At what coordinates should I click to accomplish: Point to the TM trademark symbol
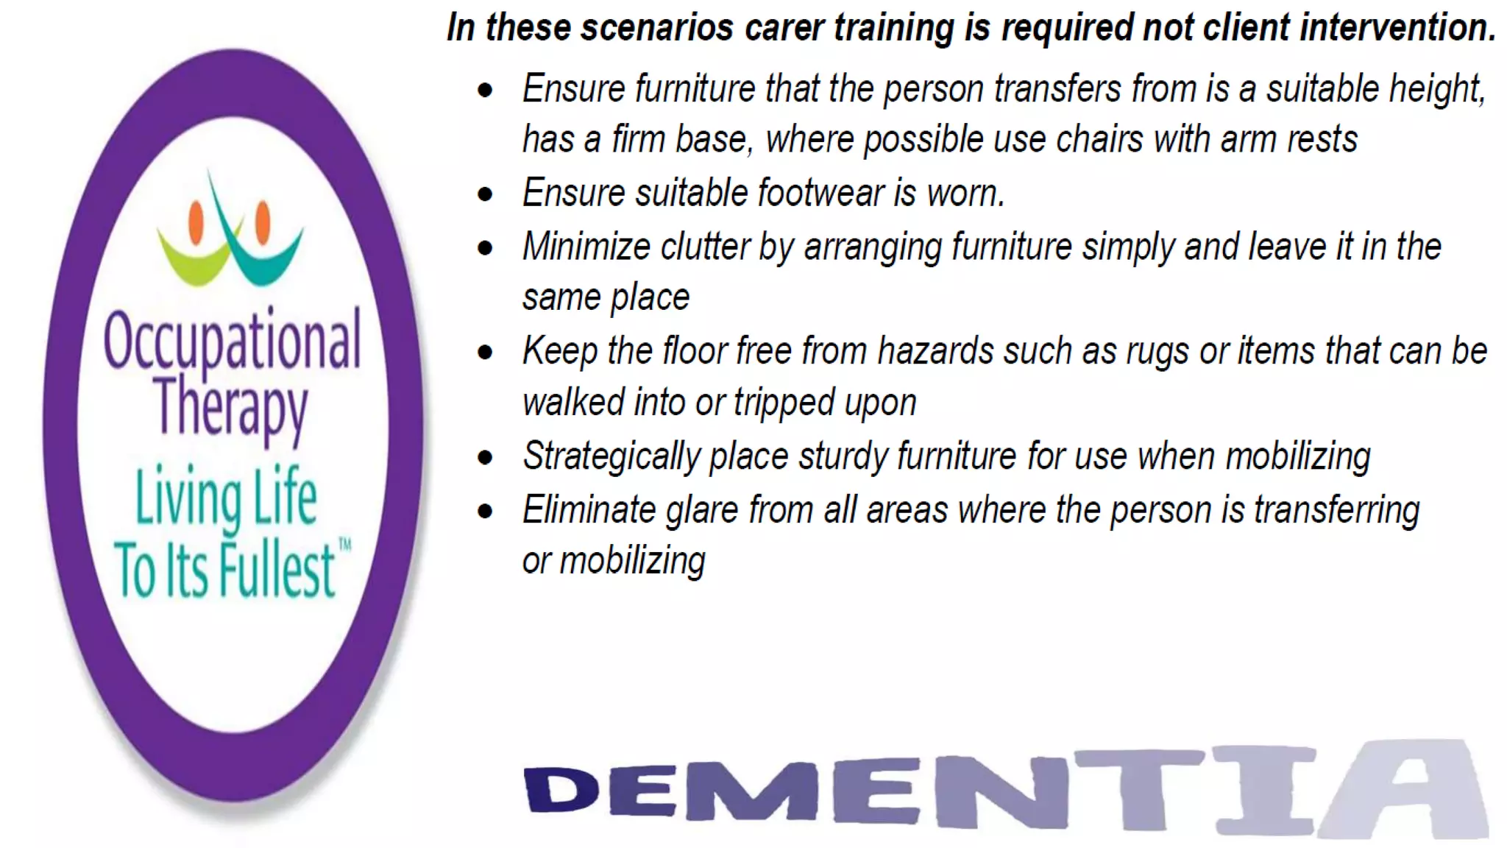pyautogui.click(x=344, y=545)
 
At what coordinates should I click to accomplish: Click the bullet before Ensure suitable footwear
pyautogui.click(x=485, y=194)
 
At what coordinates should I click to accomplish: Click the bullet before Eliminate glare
pyautogui.click(x=485, y=510)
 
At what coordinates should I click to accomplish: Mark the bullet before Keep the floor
pyautogui.click(x=485, y=352)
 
